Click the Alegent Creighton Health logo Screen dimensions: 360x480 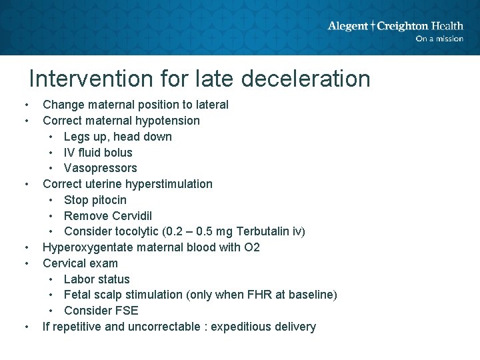pyautogui.click(x=395, y=26)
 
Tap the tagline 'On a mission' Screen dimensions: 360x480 pyautogui.click(x=439, y=39)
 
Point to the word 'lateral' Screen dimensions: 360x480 pyautogui.click(x=211, y=105)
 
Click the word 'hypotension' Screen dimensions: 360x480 pyautogui.click(x=167, y=121)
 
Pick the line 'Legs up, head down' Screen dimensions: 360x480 pyautogui.click(x=117, y=137)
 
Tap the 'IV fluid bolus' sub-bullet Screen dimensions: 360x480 pyautogui.click(x=98, y=153)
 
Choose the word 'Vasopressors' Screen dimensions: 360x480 pyautogui.click(x=100, y=168)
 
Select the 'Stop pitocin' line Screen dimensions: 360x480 pyautogui.click(x=95, y=200)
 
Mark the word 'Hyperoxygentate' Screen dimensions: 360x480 pyautogui.click(x=86, y=247)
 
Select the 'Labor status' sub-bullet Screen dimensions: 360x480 pyautogui.click(x=97, y=279)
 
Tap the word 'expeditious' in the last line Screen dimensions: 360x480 pyautogui.click(x=241, y=327)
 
